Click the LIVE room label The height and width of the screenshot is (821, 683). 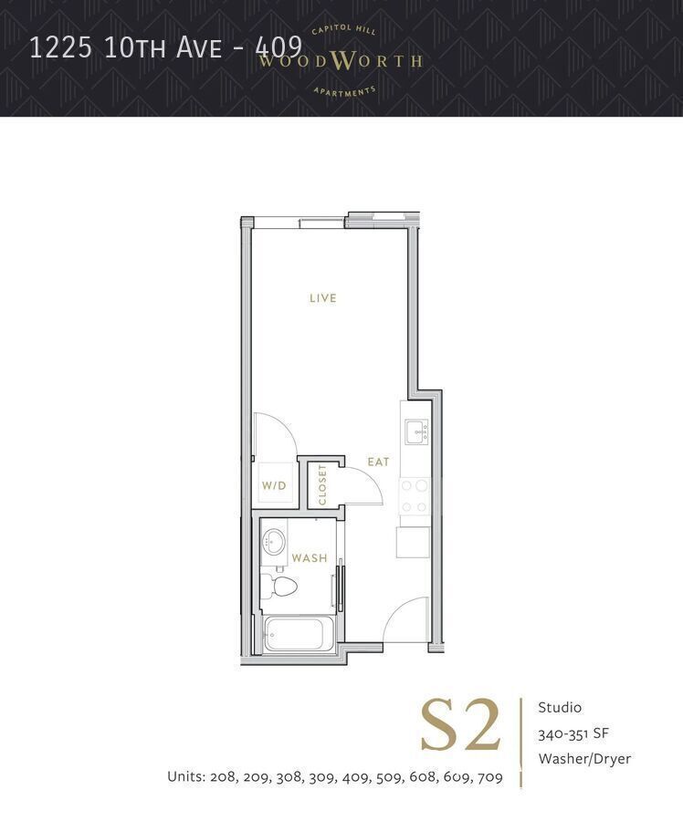coord(322,298)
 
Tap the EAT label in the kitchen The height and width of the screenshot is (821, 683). coord(378,462)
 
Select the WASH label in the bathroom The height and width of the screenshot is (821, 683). coord(309,558)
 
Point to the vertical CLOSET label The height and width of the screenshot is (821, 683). coord(322,484)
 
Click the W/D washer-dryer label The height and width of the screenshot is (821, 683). coord(274,486)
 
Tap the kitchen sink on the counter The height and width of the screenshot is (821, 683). coord(416,431)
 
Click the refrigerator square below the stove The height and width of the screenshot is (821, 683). coord(413,541)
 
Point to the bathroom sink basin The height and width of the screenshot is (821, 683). coord(274,543)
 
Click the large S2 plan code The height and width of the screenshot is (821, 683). coord(461,727)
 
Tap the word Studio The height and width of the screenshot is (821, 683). coord(560,707)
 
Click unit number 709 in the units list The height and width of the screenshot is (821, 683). coord(489,777)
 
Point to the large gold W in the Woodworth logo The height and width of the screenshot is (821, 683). coord(341,62)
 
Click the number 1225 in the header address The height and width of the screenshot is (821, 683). coord(61,47)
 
